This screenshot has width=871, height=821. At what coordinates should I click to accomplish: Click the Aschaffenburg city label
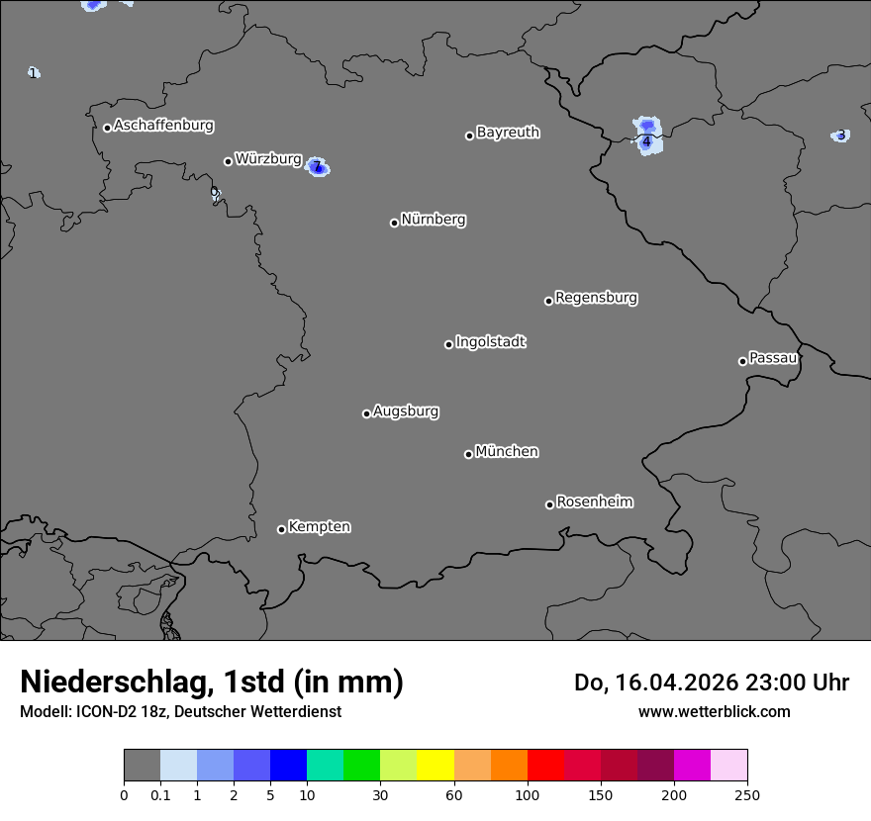163,126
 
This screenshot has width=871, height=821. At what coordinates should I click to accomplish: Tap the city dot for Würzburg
228,161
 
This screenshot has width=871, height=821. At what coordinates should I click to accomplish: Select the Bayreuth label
508,132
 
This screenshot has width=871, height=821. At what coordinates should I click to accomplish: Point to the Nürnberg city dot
394,223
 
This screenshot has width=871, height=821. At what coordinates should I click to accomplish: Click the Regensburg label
596,297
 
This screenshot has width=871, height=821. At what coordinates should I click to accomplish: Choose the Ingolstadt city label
490,342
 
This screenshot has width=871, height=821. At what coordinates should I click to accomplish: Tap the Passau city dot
742,361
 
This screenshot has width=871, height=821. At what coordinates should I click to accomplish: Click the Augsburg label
406,411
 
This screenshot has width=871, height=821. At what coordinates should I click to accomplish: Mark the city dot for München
468,454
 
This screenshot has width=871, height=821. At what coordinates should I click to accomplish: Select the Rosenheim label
594,502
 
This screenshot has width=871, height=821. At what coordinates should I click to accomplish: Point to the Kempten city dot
281,529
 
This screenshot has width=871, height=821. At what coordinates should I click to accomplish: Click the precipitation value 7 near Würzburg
317,167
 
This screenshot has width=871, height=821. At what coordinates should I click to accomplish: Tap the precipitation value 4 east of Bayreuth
646,142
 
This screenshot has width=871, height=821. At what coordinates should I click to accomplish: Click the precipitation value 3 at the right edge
840,136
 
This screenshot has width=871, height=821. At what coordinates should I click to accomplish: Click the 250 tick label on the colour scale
746,795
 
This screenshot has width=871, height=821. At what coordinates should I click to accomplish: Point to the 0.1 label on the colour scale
160,795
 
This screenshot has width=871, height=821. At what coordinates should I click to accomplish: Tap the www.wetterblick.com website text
714,711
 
